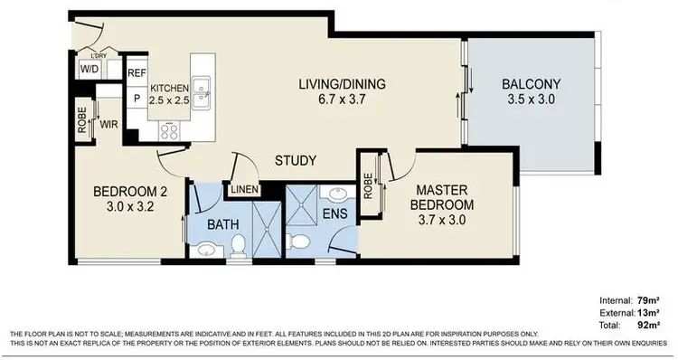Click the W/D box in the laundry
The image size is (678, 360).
point(90,69)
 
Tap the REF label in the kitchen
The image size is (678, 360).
point(136,73)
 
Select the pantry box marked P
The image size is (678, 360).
point(137,98)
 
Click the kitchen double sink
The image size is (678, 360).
point(203,88)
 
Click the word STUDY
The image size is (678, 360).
point(296,162)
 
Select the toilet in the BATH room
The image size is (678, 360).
point(238,245)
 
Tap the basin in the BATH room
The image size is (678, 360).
point(206,250)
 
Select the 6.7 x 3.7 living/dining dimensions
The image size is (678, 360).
point(343,99)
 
